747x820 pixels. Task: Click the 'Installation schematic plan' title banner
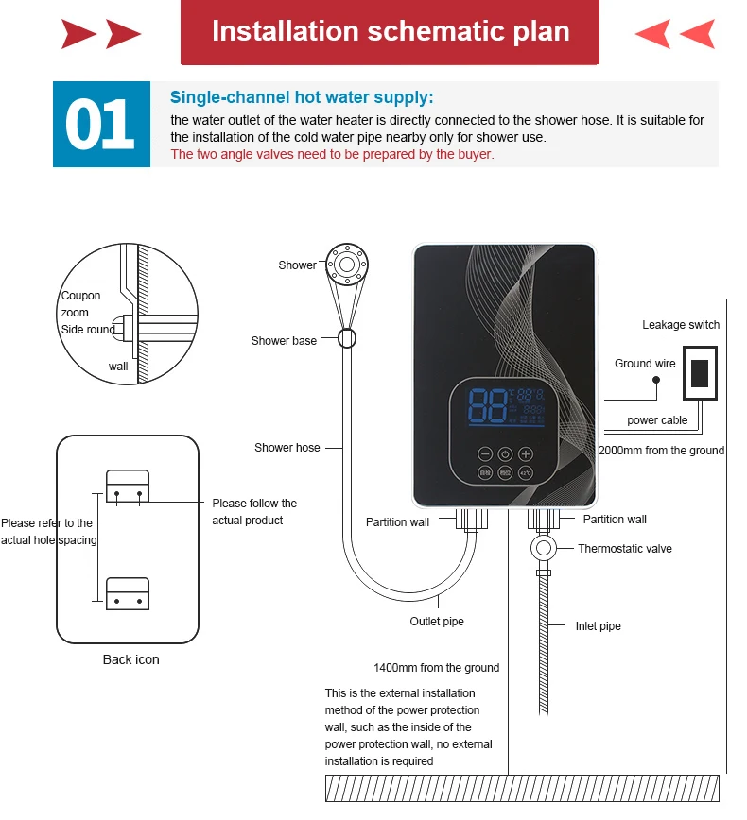390,32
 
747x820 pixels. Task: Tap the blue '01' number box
100,125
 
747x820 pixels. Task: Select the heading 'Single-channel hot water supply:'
302,97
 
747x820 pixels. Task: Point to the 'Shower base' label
284,341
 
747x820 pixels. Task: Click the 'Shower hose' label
287,448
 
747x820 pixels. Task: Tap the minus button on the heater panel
484,453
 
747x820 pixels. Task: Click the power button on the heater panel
505,453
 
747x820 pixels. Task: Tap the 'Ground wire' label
646,364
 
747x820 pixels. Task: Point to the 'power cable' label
657,420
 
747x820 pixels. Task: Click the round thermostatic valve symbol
544,548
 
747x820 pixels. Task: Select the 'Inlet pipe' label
598,626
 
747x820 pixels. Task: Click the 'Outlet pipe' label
437,622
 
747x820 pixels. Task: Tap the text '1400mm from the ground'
436,668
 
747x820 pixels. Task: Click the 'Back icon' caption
130,659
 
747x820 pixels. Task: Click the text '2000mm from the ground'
661,451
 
